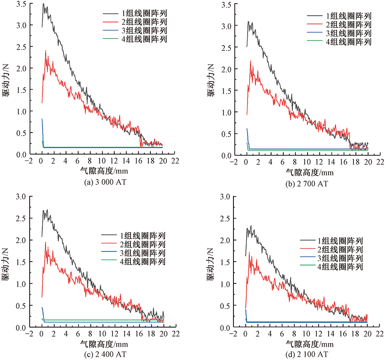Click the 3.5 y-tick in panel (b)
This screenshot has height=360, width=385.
pos(225,4)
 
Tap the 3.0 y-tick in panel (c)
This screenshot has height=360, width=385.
pos(21,197)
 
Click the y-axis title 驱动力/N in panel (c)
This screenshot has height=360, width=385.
pos(7,264)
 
